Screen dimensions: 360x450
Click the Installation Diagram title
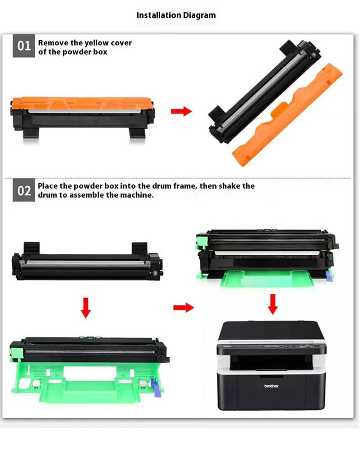tap(176, 15)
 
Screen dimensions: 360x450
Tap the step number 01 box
tap(24, 46)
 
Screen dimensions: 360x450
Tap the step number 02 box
tap(24, 190)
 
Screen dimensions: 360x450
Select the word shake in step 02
tap(230, 186)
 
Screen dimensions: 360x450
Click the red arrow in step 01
tap(181, 111)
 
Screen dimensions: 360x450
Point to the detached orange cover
tap(287, 115)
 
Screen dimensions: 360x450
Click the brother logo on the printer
tap(271, 386)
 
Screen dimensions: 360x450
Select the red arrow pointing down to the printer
tap(272, 304)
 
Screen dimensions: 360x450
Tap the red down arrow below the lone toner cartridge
tap(85, 308)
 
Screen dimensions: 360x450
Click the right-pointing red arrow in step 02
tap(184, 308)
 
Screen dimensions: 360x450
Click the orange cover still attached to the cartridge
tap(81, 103)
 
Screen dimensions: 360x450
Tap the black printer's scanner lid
tap(271, 331)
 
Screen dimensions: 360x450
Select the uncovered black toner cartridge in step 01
tap(265, 91)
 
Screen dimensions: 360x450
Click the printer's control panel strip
tap(271, 347)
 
